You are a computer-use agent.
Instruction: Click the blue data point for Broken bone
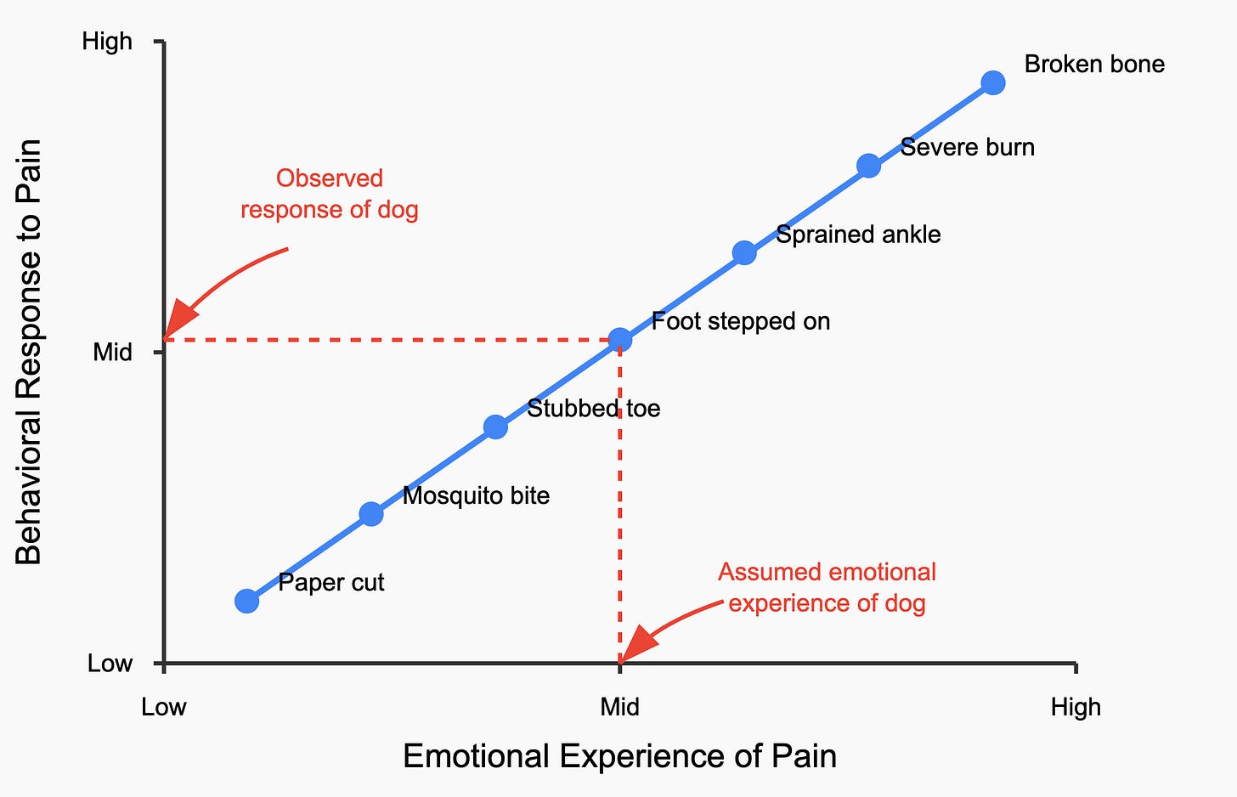(992, 82)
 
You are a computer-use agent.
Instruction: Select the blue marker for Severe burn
(868, 166)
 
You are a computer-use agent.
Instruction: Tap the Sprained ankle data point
(744, 252)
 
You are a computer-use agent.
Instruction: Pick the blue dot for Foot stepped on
(620, 340)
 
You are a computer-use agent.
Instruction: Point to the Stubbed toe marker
(495, 427)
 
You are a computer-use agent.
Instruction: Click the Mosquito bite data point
(371, 513)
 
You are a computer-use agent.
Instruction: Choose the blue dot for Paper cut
(246, 601)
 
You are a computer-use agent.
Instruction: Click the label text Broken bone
(1094, 65)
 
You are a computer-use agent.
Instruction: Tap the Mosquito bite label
(476, 495)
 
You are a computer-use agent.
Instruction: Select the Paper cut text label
(331, 583)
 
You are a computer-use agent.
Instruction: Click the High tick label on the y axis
(107, 41)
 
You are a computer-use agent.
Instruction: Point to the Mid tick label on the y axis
(112, 352)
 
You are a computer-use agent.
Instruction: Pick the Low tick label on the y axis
(110, 663)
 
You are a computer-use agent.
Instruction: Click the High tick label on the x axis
(1076, 707)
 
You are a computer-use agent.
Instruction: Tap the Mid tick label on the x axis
(620, 707)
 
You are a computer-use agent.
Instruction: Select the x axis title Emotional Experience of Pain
(619, 756)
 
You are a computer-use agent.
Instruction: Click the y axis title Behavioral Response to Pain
(29, 352)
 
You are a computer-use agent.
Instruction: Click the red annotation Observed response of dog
(330, 194)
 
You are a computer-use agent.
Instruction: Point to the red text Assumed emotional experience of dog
(827, 587)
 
